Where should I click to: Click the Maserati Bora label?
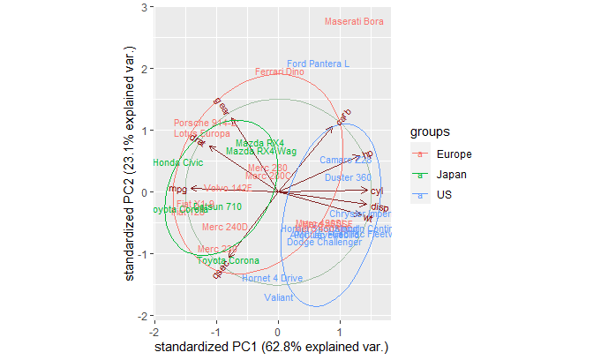(x=355, y=22)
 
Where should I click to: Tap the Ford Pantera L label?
(x=319, y=64)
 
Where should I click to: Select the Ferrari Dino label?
(x=280, y=72)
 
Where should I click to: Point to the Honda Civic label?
(x=177, y=163)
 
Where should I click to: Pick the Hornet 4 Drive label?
(x=273, y=279)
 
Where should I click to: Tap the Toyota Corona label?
(x=228, y=261)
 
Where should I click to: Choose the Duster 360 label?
(x=348, y=178)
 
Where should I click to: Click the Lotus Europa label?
(x=202, y=134)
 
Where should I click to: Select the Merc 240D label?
(x=226, y=228)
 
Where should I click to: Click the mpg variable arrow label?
(x=177, y=190)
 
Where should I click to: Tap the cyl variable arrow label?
(x=378, y=191)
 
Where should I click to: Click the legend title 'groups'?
(x=432, y=132)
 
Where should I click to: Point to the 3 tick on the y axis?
(x=143, y=7)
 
